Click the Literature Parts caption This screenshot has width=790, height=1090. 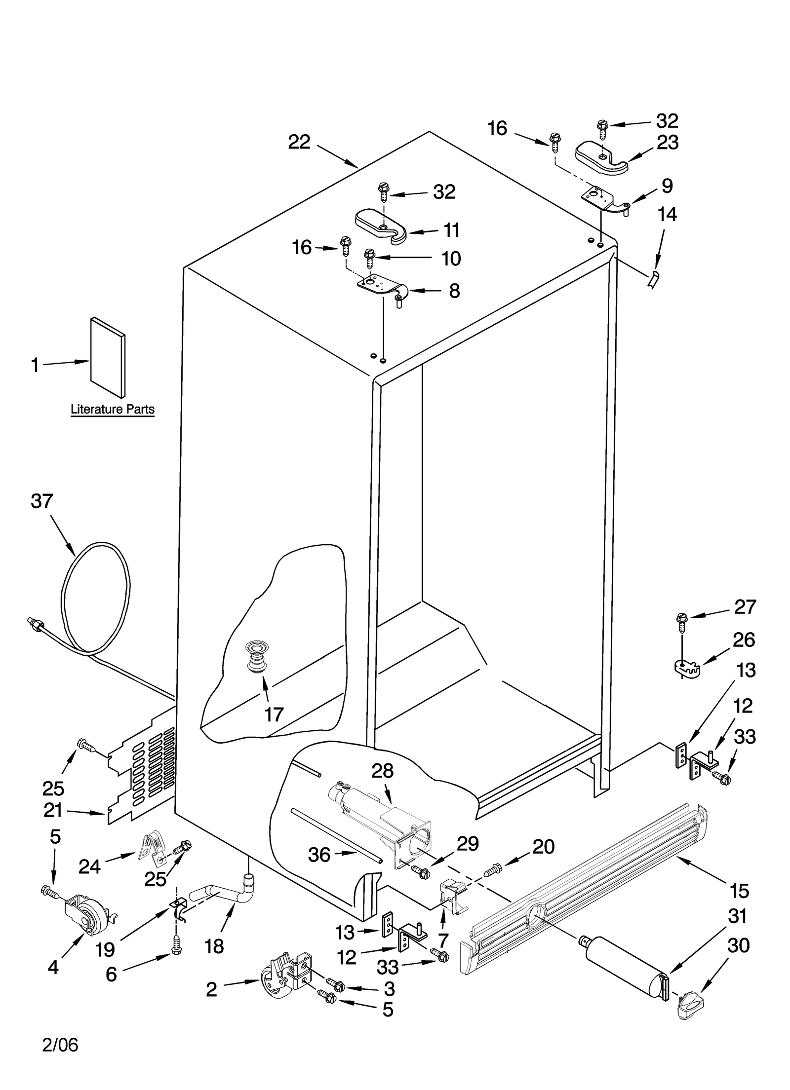click(x=112, y=409)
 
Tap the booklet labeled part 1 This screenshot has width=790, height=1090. click(x=108, y=357)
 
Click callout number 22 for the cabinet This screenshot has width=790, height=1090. click(x=299, y=143)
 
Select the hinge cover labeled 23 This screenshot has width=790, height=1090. click(x=601, y=157)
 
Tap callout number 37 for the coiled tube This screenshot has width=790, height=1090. click(x=41, y=501)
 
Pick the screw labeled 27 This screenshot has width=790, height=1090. click(x=682, y=623)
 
